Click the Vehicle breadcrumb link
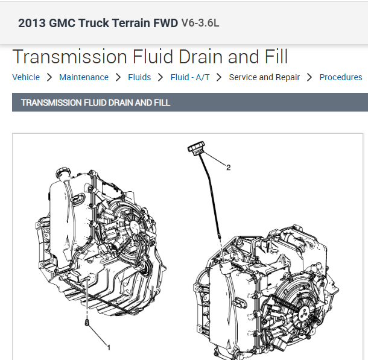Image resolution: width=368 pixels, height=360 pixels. (26, 77)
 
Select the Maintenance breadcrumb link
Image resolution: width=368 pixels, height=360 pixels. (84, 77)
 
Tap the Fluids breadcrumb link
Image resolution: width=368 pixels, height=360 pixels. (139, 77)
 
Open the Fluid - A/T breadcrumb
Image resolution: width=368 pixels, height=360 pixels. (190, 77)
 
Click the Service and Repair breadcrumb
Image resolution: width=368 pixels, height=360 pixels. (264, 77)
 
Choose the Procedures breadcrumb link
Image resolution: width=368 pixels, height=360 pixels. (341, 77)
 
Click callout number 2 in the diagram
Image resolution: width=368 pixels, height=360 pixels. (228, 168)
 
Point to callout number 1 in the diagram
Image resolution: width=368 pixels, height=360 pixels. (109, 347)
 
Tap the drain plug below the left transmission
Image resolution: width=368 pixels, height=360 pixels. (87, 325)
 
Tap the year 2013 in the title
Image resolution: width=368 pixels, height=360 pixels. (31, 24)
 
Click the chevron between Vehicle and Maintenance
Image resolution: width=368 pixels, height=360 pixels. (49, 77)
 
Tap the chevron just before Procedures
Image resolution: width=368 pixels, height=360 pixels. (309, 77)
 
